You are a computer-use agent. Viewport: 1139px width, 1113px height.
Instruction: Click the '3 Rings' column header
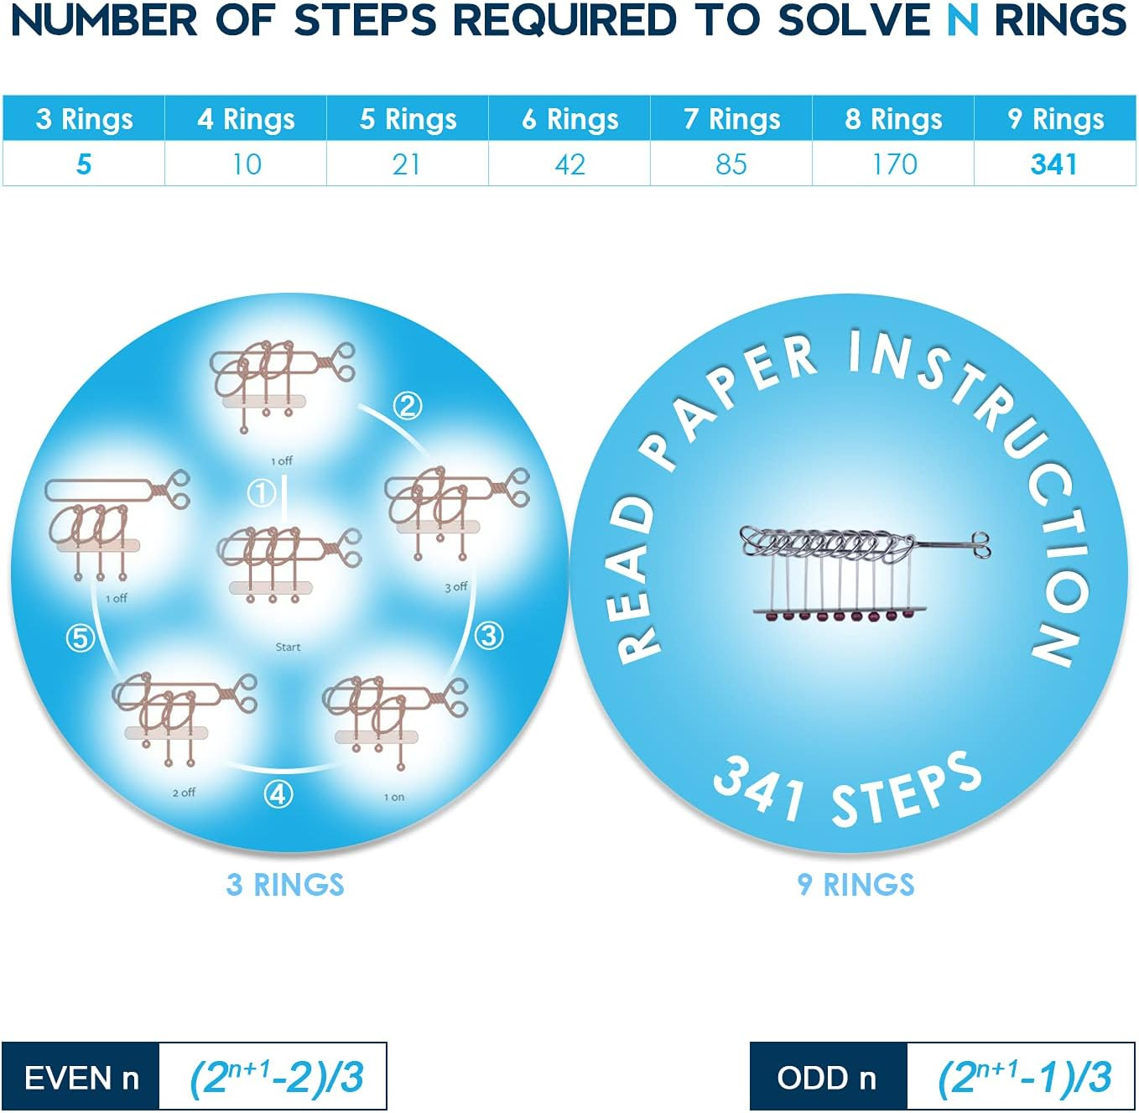coord(84,119)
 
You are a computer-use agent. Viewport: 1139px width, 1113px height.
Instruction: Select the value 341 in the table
coord(1054,164)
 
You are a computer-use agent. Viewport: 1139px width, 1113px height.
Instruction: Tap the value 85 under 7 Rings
coord(731,164)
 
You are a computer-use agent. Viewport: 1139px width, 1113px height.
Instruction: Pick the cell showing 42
coord(569,164)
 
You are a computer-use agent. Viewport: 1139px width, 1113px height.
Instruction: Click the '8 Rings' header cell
coord(893,119)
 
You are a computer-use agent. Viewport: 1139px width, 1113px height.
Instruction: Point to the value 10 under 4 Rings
coord(247,164)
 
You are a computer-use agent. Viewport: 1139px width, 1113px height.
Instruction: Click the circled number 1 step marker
coord(262,492)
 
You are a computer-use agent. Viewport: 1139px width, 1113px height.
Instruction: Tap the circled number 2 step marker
coord(408,406)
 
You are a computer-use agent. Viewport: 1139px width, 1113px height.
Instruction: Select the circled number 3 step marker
coord(489,636)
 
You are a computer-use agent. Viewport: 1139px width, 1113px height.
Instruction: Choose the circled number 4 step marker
coord(278,793)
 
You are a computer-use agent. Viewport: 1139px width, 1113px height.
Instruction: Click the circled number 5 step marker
coord(80,639)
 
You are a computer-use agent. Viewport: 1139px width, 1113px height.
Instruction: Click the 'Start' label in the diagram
coord(288,647)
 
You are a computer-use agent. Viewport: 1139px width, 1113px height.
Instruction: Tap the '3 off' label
coord(456,587)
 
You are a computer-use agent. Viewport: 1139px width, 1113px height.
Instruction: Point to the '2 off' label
coord(184,793)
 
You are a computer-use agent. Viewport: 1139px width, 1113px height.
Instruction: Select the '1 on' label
coord(394,797)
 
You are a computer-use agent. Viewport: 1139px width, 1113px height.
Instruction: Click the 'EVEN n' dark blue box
coord(81,1077)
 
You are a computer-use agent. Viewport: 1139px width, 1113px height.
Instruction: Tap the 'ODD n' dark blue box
coord(828,1077)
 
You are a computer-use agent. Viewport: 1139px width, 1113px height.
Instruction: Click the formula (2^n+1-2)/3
coord(275,1077)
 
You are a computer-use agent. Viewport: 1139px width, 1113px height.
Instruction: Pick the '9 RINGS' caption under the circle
coord(856,885)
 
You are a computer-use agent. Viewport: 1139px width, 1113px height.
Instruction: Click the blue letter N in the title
coord(962,20)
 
